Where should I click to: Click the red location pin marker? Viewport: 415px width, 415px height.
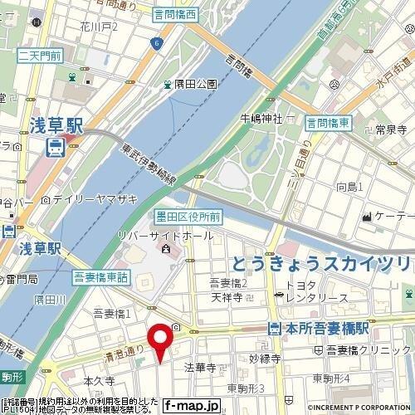pyautogui.click(x=160, y=339)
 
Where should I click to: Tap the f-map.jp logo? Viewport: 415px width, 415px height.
pyautogui.click(x=191, y=406)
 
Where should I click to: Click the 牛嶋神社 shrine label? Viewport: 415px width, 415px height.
pyautogui.click(x=261, y=118)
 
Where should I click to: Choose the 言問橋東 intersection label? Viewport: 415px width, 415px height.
pyautogui.click(x=327, y=123)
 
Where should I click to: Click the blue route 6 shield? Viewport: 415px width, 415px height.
pyautogui.click(x=154, y=42)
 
